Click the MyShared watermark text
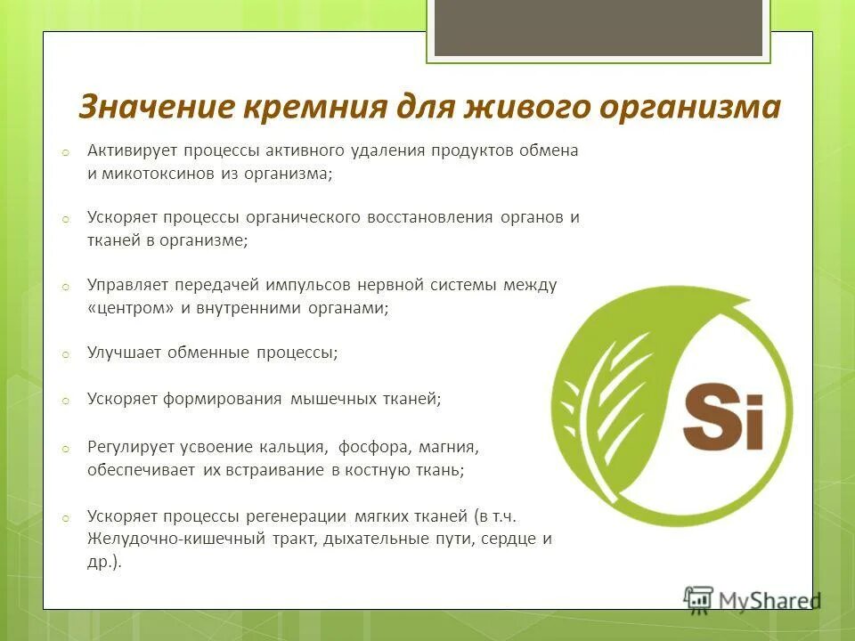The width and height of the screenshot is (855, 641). pyautogui.click(x=766, y=600)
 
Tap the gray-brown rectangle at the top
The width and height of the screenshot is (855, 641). pyautogui.click(x=598, y=27)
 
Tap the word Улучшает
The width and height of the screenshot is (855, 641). pyautogui.click(x=123, y=353)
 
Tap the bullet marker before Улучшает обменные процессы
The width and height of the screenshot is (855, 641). pyautogui.click(x=65, y=354)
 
